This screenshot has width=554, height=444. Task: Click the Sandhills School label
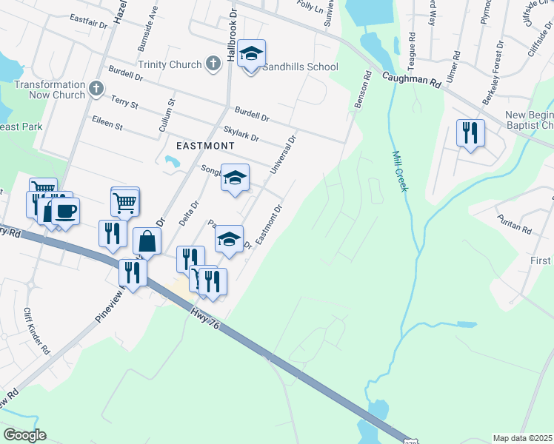point(302,67)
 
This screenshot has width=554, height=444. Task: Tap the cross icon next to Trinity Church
point(213,64)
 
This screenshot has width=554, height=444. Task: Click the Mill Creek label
point(399,171)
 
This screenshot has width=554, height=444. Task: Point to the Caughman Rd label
point(412,80)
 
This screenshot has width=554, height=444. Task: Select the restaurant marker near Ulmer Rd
point(470,133)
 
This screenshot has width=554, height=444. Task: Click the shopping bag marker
point(148,240)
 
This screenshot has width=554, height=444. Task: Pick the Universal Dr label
point(282,155)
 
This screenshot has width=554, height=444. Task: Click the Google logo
point(24,435)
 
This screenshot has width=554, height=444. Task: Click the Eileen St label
point(107,122)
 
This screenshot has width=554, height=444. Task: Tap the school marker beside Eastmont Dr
point(230,239)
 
